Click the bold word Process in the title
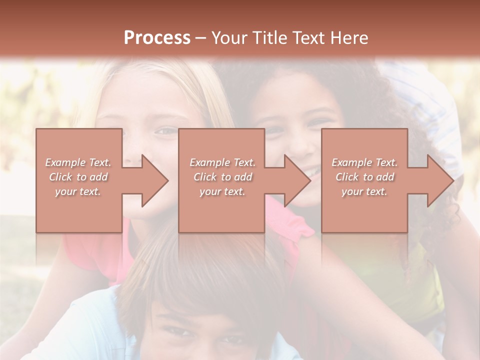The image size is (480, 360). [157, 38]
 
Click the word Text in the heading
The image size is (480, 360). [307, 38]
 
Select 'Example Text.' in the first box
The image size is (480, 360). [78, 162]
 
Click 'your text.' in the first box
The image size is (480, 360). [78, 191]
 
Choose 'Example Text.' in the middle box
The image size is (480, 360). [222, 162]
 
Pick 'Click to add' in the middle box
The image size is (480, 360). [222, 177]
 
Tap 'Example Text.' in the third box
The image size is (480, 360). [364, 162]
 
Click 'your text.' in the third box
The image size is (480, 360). [364, 191]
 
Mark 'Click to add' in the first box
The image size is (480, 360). [78, 177]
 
